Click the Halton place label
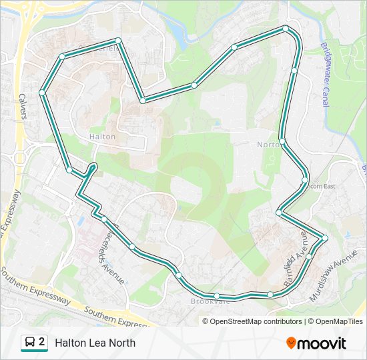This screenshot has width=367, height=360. [x=102, y=137]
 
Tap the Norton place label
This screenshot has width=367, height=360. [x=269, y=145]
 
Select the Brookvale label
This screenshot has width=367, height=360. [x=210, y=301]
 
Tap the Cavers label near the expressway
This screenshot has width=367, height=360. [x=23, y=105]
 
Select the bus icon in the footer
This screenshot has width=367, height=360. [x=29, y=343]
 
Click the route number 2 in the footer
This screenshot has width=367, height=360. [x=42, y=342]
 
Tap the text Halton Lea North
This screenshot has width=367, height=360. [x=95, y=343]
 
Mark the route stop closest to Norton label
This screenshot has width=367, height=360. [x=283, y=141]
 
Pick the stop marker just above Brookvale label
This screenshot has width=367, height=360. [x=217, y=295]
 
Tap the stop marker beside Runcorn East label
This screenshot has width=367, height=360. [x=305, y=180]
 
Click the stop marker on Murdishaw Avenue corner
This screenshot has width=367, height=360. [x=325, y=238]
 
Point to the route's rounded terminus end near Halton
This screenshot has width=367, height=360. [x=93, y=165]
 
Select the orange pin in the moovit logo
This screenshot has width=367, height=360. [x=291, y=343]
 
